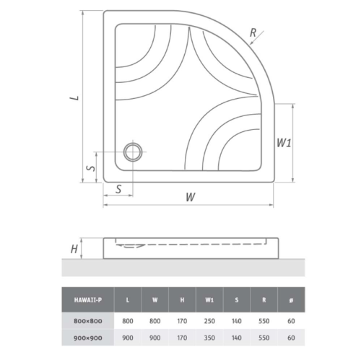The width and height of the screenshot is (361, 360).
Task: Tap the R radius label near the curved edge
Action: pyautogui.click(x=253, y=32)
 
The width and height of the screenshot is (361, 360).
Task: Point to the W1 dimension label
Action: pyautogui.click(x=284, y=143)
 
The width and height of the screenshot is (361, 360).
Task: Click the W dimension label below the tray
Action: pyautogui.click(x=191, y=197)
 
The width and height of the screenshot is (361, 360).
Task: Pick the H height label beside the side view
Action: pyautogui.click(x=74, y=249)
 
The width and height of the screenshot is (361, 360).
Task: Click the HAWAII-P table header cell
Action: pyautogui.click(x=88, y=300)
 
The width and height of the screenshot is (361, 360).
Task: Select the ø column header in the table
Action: pyautogui.click(x=291, y=300)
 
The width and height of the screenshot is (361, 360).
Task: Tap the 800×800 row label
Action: pyautogui.click(x=88, y=321)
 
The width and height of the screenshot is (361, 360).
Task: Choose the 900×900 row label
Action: pyautogui.click(x=88, y=338)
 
